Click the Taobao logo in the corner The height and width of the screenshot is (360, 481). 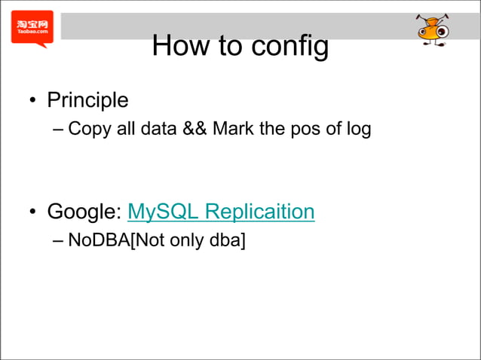[x=32, y=29]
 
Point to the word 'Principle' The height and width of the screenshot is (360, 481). [x=87, y=99]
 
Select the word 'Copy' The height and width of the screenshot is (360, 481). [x=85, y=129]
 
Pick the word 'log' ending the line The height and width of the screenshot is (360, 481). [x=358, y=130]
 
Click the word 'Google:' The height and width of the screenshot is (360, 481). [x=84, y=212]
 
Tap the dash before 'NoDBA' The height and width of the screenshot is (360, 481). [x=59, y=242]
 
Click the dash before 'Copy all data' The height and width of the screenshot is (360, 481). [x=59, y=129]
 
